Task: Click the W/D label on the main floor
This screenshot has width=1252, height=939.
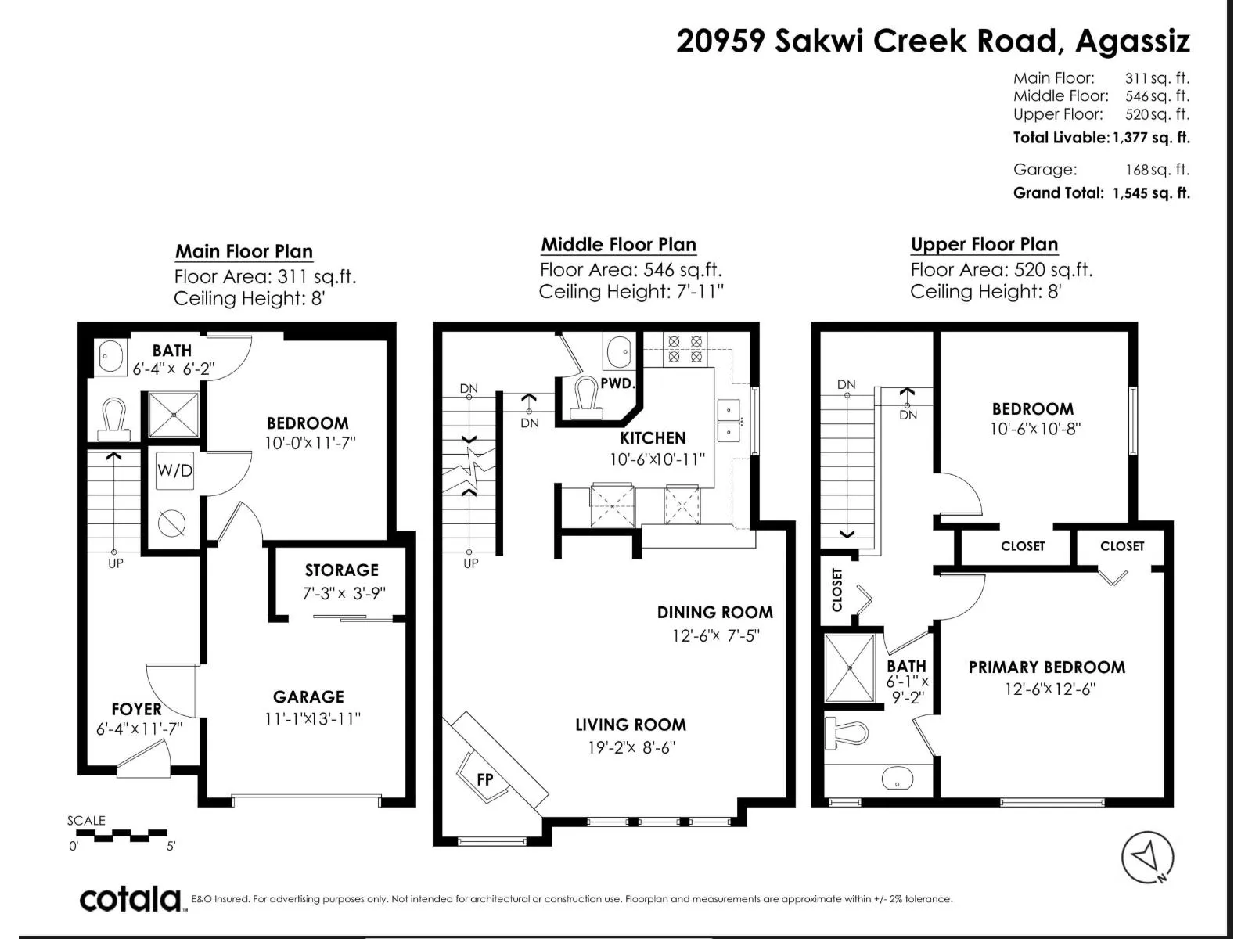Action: coord(174,470)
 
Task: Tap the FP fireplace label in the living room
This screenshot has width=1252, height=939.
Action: coord(485,779)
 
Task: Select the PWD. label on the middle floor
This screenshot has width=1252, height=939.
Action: coord(617,383)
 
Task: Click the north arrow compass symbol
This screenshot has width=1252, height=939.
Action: coord(1147,857)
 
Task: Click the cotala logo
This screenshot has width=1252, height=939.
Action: coord(130,900)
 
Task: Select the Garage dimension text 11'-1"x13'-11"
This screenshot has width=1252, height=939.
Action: coord(312,718)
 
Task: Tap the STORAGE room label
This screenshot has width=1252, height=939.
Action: coord(342,570)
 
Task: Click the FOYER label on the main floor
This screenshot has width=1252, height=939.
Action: coord(136,709)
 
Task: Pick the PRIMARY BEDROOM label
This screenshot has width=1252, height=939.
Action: coord(1047,667)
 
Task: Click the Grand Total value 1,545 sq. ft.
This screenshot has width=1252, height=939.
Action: coord(1151,193)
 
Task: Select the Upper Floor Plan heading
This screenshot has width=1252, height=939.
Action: coord(984,245)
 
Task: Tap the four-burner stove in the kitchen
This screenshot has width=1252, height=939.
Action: coord(685,349)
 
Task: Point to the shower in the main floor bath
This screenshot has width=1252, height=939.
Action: coord(174,415)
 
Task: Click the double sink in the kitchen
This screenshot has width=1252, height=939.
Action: coord(728,420)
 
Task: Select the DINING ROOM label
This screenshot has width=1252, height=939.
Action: coord(714,613)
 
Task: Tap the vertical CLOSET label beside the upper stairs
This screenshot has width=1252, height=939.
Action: coord(836,589)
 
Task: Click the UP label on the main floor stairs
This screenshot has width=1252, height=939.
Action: coord(116,564)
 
